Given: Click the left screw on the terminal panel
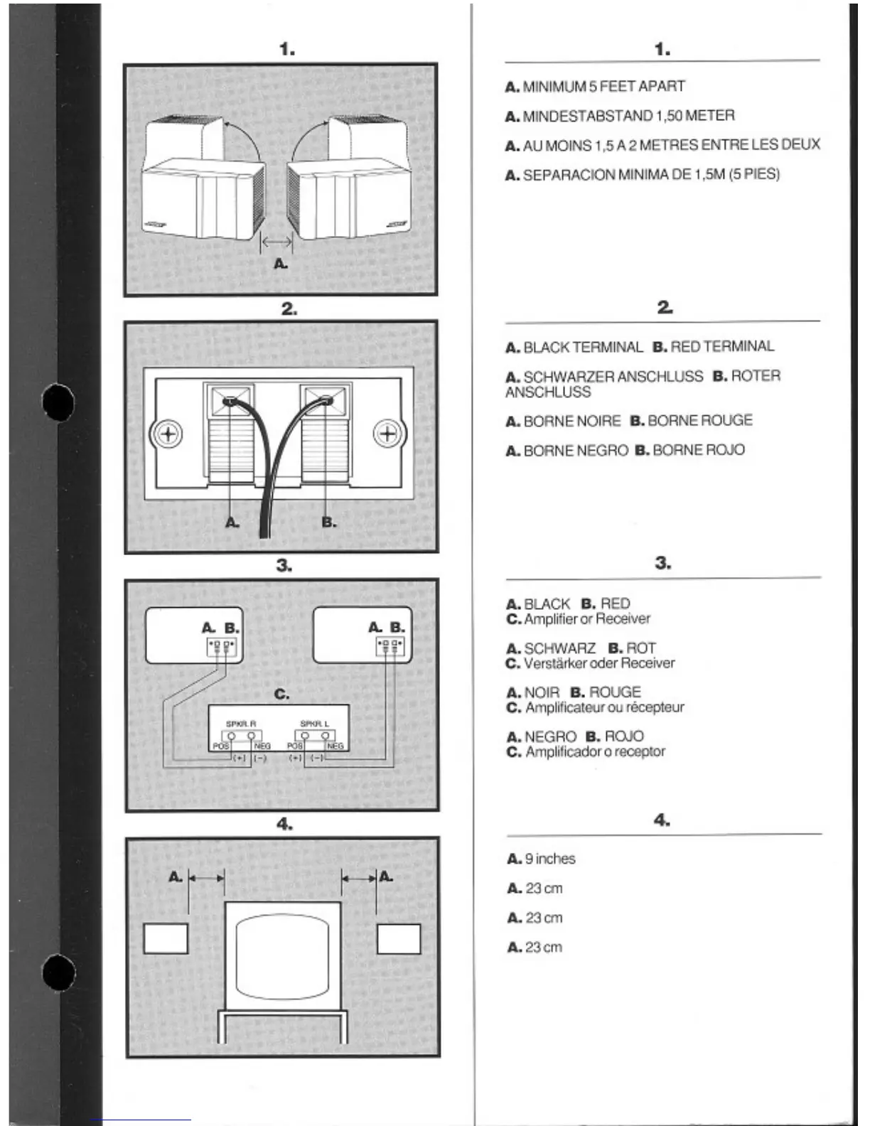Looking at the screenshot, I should point(168,434).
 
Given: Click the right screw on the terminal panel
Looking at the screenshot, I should point(388,434).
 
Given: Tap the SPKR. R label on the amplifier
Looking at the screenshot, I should point(240,724).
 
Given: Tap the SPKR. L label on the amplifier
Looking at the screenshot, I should point(314,724).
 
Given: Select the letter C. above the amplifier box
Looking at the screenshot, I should point(281,694).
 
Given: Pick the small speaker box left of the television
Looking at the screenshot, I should point(166,938).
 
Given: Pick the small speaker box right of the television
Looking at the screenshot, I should point(398,938).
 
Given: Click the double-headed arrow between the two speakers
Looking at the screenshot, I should point(276,243).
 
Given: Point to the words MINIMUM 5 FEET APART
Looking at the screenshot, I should point(603,87).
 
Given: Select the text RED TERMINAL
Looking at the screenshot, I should point(722,347).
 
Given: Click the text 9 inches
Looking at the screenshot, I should point(549,859).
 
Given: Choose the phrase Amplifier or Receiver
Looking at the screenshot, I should point(587,619).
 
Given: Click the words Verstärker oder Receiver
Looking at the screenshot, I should point(599,663).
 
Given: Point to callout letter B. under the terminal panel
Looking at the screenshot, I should point(328,522).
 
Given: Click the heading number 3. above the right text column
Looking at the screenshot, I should point(662,563).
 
